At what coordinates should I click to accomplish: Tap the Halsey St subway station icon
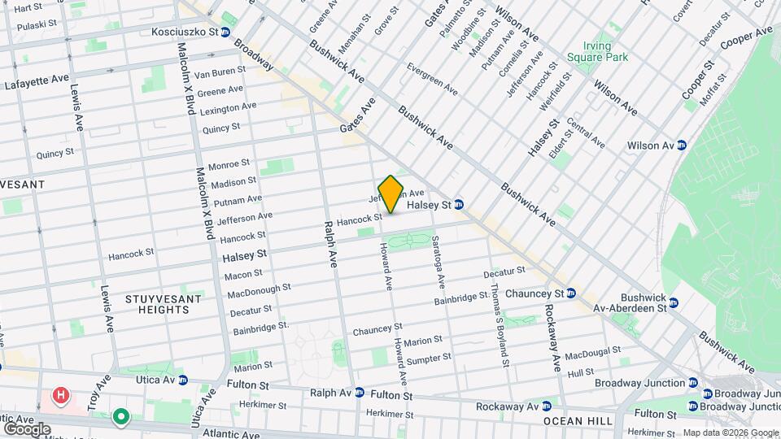click(459, 205)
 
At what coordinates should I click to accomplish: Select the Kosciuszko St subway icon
click(225, 33)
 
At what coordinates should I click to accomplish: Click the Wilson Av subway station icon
click(682, 146)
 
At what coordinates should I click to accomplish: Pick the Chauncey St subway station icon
click(571, 293)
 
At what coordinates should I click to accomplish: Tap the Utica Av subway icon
click(182, 380)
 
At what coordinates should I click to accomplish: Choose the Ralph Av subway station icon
click(359, 393)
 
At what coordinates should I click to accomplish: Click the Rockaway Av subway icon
click(548, 406)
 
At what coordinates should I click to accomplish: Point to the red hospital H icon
click(59, 397)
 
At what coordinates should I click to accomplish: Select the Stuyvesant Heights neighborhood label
click(158, 305)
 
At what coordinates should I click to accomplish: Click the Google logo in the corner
click(27, 428)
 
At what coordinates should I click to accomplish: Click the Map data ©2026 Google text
click(730, 433)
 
